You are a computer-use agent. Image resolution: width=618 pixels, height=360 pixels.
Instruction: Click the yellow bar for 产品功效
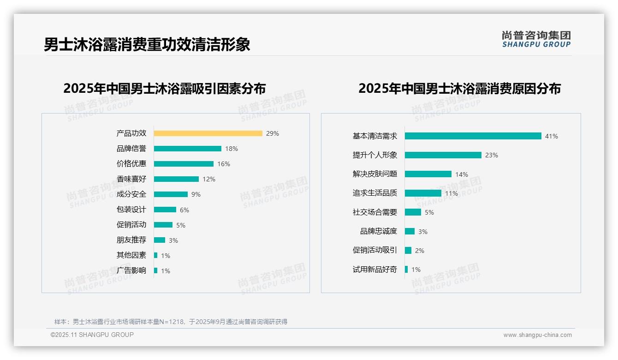pos(208,133)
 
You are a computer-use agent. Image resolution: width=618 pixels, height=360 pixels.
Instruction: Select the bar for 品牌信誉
pos(188,149)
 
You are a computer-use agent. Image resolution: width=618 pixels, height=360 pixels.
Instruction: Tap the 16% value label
pos(224,164)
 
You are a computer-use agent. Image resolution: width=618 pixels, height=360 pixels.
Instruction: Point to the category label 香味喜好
pos(131,179)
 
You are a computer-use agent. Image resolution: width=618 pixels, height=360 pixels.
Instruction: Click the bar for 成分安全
pos(171,194)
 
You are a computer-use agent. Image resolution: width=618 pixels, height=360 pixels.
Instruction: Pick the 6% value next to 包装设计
pos(184,210)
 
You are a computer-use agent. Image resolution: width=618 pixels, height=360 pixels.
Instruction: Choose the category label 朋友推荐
pos(131,240)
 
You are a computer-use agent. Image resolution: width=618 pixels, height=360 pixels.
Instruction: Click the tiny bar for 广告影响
pos(156,270)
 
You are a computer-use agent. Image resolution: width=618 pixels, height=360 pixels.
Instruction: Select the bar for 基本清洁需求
pos(473,136)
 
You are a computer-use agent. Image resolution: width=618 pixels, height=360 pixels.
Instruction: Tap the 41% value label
pos(552,136)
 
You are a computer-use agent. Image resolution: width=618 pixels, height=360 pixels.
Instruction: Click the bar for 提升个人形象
pos(443,155)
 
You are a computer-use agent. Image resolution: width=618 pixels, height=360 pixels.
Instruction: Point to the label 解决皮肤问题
pos(375,174)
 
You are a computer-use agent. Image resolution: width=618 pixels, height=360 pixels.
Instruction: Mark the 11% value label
pos(452,193)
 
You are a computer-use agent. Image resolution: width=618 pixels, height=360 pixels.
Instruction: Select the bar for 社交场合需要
pos(413,212)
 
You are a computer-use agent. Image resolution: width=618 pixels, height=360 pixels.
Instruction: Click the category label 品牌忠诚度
pos(379,231)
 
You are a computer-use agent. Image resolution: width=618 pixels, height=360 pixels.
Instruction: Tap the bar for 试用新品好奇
pos(406,270)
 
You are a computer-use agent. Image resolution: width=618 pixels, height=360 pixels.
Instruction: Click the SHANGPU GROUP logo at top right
pos(536,39)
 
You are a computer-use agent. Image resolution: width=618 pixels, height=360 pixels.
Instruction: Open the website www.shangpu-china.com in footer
pos(537,335)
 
